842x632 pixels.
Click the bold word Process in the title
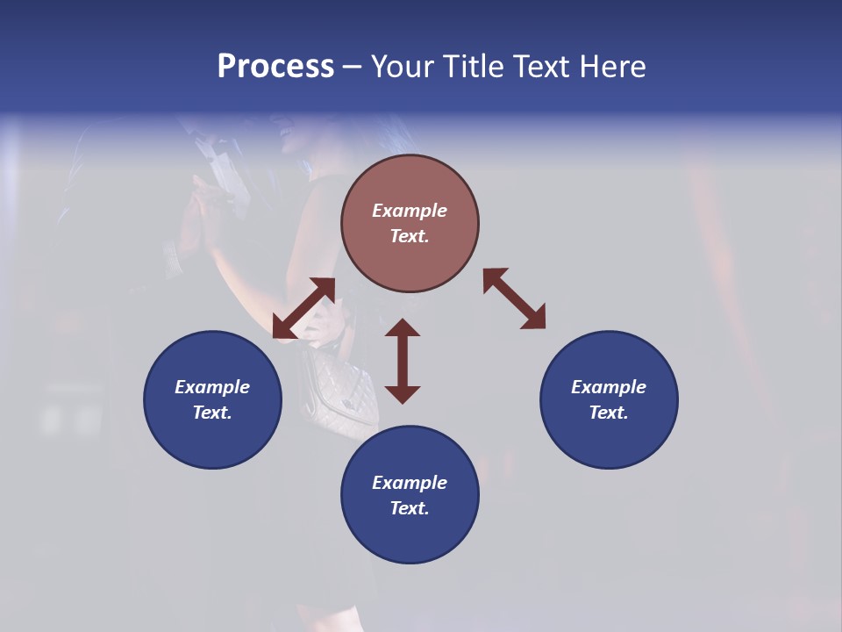pyautogui.click(x=275, y=67)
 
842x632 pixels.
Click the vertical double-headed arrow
pyautogui.click(x=403, y=361)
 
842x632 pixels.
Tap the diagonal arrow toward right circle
pyautogui.click(x=514, y=298)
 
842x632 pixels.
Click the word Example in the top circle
pyautogui.click(x=410, y=211)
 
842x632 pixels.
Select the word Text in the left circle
pyautogui.click(x=212, y=413)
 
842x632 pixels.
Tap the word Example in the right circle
pyautogui.click(x=609, y=387)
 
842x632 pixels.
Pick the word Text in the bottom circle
pyautogui.click(x=410, y=508)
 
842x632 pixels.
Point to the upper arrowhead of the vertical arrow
pyautogui.click(x=403, y=327)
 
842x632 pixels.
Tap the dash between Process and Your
pyautogui.click(x=352, y=67)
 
